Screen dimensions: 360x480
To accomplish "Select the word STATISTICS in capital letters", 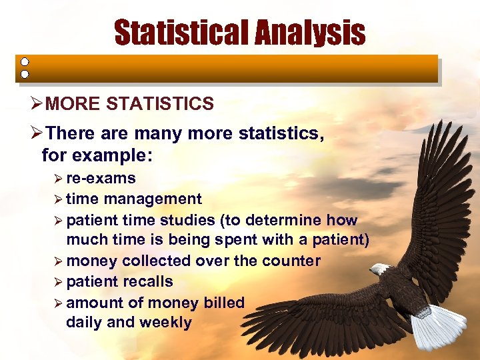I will click(x=160, y=104).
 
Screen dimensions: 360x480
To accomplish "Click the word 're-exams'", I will click(x=101, y=178).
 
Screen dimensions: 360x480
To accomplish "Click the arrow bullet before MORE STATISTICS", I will click(x=37, y=104).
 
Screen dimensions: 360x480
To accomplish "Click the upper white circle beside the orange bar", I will click(x=24, y=60).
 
